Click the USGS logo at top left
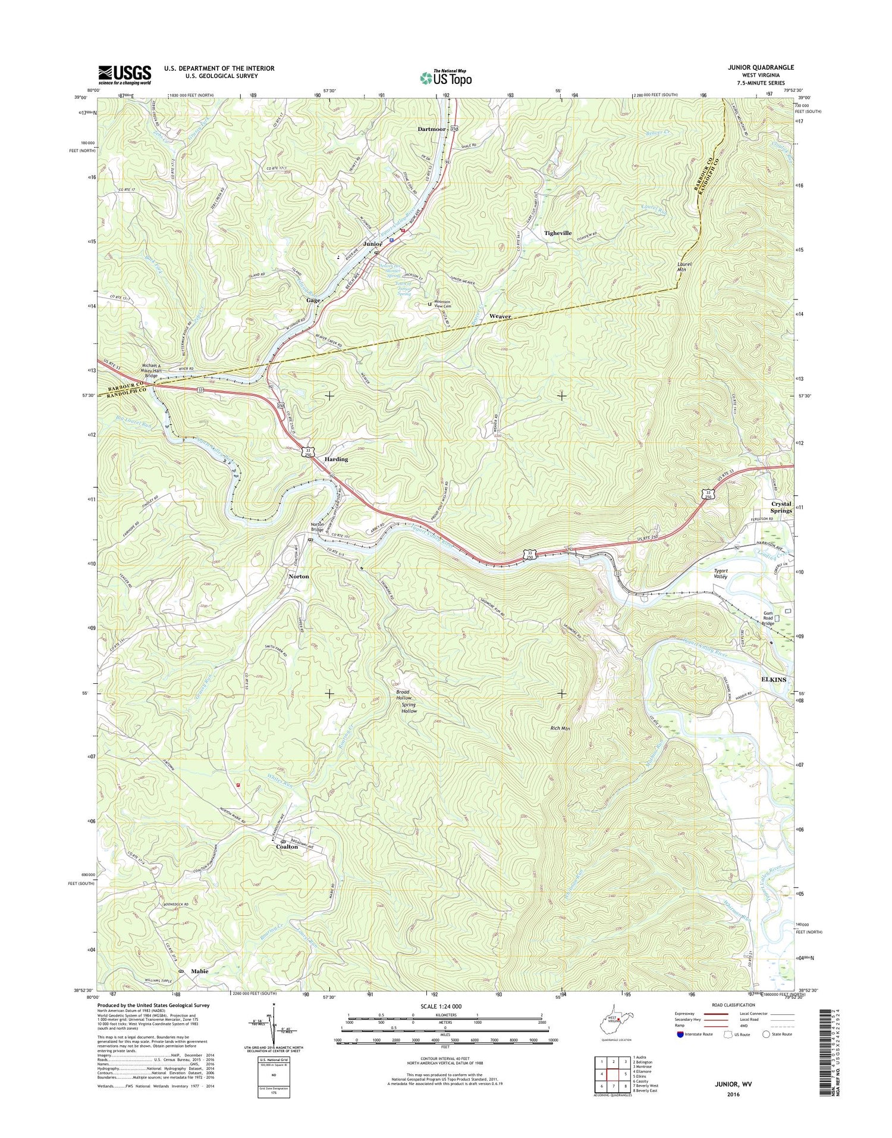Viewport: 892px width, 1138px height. point(124,74)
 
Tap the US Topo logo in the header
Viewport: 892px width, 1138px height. point(446,77)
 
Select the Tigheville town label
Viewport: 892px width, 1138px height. point(558,233)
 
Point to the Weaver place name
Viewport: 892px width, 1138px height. point(500,317)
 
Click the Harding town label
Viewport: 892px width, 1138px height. point(336,459)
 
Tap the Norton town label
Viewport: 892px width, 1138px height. point(299,576)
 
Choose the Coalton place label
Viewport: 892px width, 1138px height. point(287,846)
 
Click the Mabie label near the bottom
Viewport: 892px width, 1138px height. point(200,971)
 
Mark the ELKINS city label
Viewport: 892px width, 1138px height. point(774,679)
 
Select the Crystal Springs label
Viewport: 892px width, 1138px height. point(781,507)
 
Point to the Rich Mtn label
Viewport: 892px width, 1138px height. point(561,728)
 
